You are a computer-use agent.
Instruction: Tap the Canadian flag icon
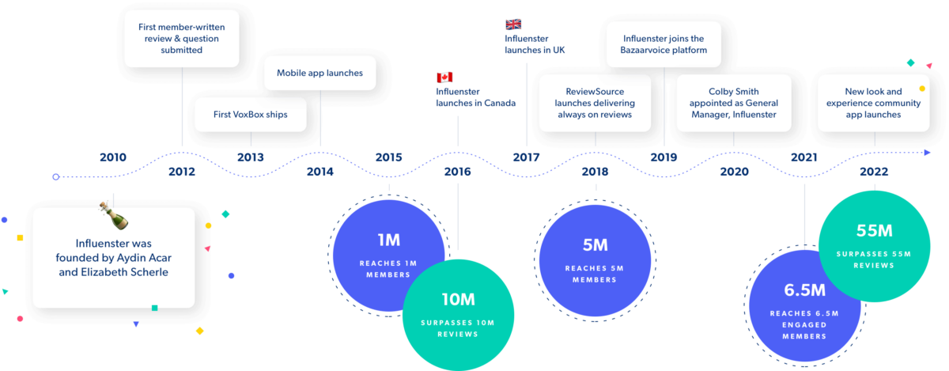point(444,78)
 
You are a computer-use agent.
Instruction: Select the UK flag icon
point(513,25)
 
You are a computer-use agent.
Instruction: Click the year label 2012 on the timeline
point(182,172)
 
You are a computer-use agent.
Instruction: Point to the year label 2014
point(320,172)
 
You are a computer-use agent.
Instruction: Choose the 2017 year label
point(526,157)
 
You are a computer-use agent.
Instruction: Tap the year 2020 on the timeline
point(734,172)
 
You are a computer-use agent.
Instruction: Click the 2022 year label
point(873,172)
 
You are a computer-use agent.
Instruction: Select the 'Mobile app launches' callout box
point(319,73)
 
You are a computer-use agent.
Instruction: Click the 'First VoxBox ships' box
point(250,115)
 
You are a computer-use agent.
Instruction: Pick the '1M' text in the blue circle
point(388,240)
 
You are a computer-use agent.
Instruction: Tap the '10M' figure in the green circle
point(458,300)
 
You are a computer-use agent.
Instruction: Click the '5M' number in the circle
point(595,245)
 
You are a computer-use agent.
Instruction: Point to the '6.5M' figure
point(803,290)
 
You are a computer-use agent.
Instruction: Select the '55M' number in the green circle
point(874,231)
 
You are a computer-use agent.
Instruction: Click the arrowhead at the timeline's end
point(928,152)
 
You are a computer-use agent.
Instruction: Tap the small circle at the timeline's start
point(55,176)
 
